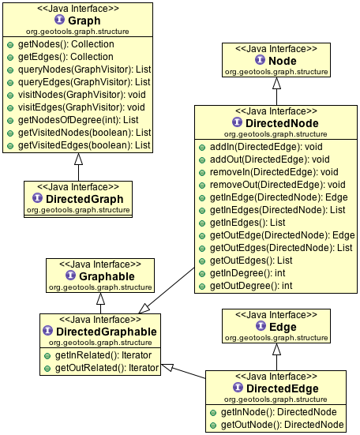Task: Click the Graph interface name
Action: coord(84,21)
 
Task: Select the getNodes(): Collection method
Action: coord(66,44)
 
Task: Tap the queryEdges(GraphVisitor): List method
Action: coord(84,82)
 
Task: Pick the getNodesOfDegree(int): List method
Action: coord(78,120)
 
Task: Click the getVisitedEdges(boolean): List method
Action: coord(84,145)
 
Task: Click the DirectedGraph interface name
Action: coord(84,199)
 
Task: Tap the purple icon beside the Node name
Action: coord(260,60)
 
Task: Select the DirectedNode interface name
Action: coord(282,123)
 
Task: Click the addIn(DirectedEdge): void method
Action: coord(266,147)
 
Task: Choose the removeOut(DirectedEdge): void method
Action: coord(277,185)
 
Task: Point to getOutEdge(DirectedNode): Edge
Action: coord(282,235)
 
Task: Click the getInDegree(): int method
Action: coord(247,273)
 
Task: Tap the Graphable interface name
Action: coord(107,276)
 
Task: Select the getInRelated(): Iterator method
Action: coord(103,355)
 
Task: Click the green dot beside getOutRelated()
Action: coord(47,369)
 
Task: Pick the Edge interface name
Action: coord(283,327)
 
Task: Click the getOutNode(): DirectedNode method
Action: coord(282,425)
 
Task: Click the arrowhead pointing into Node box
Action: coord(276,83)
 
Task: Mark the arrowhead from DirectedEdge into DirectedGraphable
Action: coord(167,367)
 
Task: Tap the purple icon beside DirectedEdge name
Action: coord(238,388)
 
